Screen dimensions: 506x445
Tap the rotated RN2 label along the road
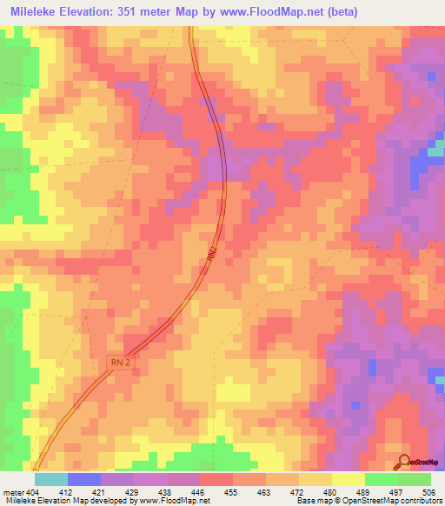[x=211, y=253]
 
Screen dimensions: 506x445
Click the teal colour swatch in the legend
[x=51, y=479]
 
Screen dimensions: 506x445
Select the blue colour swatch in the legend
[x=84, y=479]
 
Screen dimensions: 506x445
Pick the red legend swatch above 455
[x=216, y=479]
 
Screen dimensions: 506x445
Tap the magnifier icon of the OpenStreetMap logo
[x=405, y=462]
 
